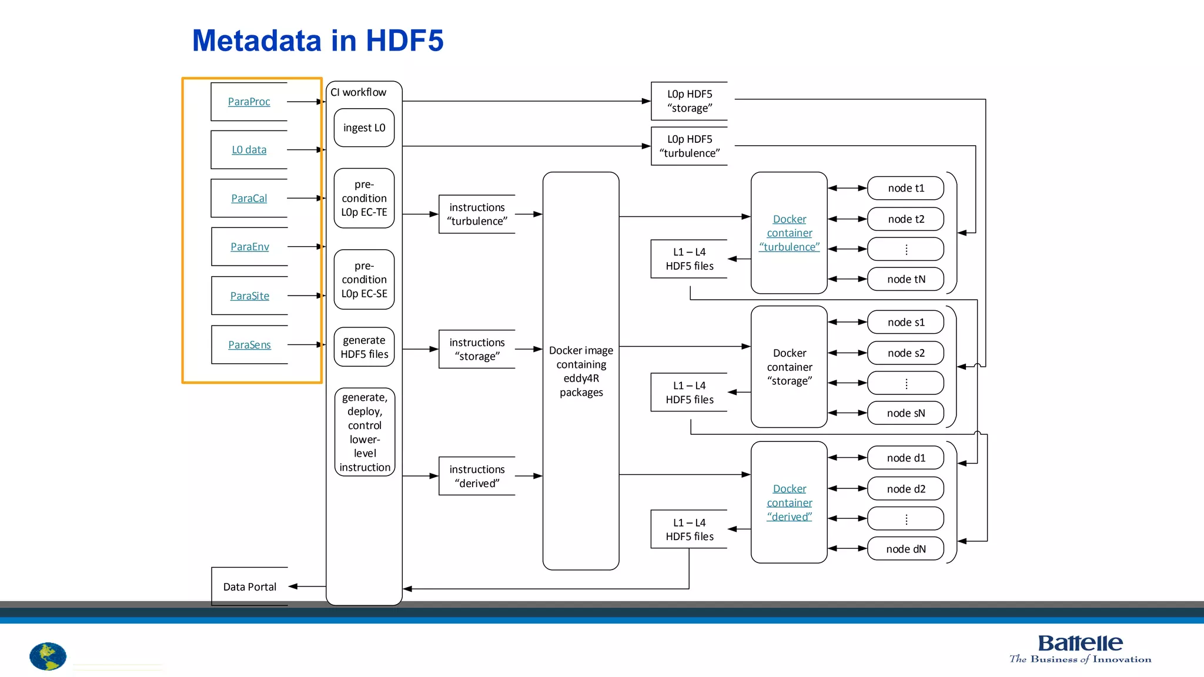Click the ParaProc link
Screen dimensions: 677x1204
tap(249, 102)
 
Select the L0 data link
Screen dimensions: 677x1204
tap(249, 150)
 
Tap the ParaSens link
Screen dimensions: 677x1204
tap(249, 345)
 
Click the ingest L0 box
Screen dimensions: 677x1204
tap(364, 128)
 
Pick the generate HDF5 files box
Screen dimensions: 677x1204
tap(364, 347)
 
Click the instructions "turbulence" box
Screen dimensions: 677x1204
tap(477, 215)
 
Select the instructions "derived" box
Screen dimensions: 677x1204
tap(477, 476)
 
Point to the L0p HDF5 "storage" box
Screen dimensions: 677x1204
tap(689, 101)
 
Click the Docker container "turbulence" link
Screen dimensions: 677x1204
tap(789, 233)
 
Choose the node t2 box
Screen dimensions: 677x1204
tap(905, 219)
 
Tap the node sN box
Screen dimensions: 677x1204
tap(905, 413)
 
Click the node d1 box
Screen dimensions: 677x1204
tap(905, 458)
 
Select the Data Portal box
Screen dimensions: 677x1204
tap(249, 586)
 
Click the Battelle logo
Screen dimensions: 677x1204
tap(1080, 648)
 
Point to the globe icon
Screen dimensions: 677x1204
tap(48, 656)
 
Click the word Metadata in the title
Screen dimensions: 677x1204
tap(256, 41)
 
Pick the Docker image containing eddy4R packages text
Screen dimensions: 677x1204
tap(581, 371)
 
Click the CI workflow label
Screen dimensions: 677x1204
tap(358, 92)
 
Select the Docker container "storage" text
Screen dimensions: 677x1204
tap(789, 367)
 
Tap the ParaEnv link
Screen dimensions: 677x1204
tap(249, 247)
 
